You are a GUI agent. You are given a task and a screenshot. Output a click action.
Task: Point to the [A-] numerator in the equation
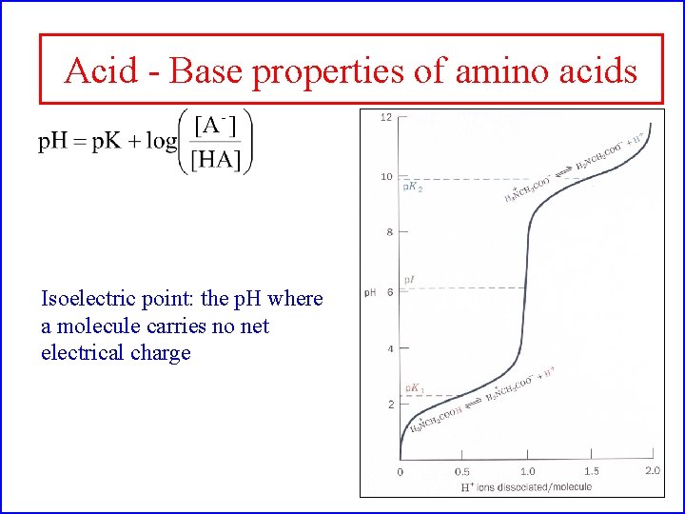(x=216, y=126)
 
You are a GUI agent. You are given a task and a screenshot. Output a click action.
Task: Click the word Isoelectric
(x=88, y=299)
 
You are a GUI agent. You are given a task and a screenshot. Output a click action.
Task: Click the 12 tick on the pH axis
(x=386, y=118)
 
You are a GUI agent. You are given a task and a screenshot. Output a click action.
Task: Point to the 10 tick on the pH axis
(x=386, y=176)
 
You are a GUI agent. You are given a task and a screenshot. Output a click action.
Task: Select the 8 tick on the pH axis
(x=389, y=232)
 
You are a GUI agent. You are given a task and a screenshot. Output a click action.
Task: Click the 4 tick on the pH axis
(x=389, y=349)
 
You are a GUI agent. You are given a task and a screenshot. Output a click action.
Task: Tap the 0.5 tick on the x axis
(x=461, y=471)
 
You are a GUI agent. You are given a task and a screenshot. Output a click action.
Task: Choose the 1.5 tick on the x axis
(x=591, y=471)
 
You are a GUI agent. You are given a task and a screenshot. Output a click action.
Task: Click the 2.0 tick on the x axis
(x=653, y=471)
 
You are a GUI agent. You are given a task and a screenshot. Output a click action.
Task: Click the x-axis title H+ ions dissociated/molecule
(x=525, y=486)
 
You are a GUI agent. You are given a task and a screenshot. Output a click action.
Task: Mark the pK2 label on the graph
(x=413, y=188)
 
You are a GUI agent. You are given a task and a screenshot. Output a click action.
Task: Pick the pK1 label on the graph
(x=414, y=388)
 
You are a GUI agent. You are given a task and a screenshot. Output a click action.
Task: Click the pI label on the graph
(x=409, y=280)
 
